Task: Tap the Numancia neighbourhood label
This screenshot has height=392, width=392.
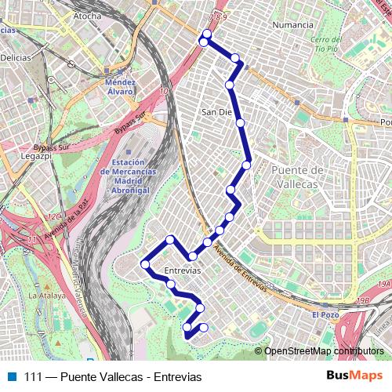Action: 292,24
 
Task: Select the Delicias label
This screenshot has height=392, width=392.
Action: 15,57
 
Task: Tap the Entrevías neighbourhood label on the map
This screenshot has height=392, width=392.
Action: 183,270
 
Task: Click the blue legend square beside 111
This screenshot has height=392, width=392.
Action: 9,377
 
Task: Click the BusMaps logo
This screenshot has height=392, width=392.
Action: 354,377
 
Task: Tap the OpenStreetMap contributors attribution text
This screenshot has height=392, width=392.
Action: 324,351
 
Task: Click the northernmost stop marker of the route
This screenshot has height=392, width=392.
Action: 206,34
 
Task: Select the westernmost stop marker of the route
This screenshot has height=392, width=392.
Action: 145,264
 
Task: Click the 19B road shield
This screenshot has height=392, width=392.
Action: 382,284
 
